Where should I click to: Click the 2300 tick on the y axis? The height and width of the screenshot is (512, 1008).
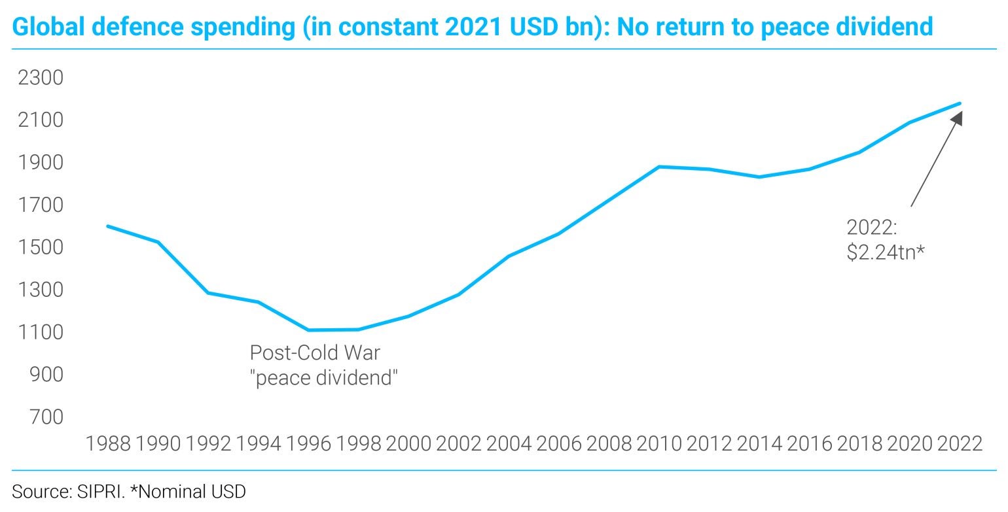click(x=40, y=78)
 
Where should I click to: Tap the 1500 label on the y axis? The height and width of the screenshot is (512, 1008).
click(x=40, y=247)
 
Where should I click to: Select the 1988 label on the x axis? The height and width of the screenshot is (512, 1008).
click(x=108, y=443)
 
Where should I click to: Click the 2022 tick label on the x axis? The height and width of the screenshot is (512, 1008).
click(x=960, y=443)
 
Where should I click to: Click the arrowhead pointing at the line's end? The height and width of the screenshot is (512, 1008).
click(x=957, y=118)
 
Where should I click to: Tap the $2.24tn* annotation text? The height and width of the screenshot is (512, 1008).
click(x=886, y=252)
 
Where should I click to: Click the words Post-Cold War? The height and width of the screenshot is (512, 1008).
click(x=315, y=353)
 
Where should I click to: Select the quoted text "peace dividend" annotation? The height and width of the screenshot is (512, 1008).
click(x=324, y=377)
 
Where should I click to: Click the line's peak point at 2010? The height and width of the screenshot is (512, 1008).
click(x=660, y=167)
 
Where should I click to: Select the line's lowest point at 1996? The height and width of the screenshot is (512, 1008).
click(x=308, y=330)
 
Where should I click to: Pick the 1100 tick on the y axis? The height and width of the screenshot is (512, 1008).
click(x=40, y=332)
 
